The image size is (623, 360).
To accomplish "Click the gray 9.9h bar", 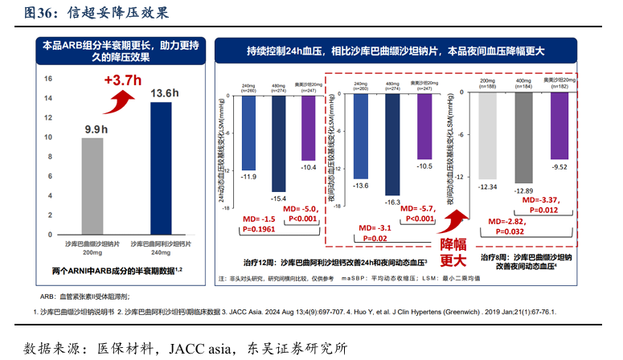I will [x=92, y=185].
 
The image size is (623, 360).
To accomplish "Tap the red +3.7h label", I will [x=122, y=80].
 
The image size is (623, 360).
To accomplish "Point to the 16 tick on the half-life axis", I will [x=48, y=79].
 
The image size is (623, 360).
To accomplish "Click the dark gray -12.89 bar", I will [x=523, y=137].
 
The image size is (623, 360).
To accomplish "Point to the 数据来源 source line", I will [x=185, y=348].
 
